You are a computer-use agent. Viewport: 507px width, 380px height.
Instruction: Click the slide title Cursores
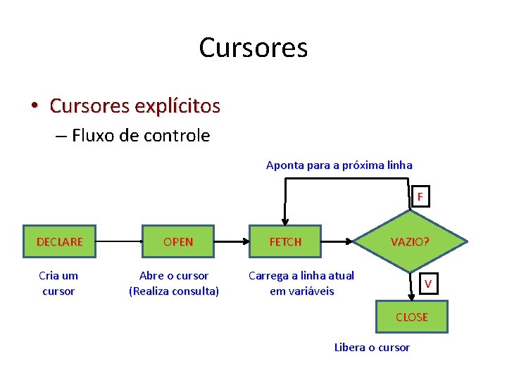tap(253, 48)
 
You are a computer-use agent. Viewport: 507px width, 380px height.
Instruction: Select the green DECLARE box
tap(59, 241)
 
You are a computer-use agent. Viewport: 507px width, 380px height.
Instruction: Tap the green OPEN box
tap(177, 241)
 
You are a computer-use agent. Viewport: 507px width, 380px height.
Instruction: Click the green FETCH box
tap(285, 241)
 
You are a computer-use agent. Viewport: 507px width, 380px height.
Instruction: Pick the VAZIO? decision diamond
tap(410, 241)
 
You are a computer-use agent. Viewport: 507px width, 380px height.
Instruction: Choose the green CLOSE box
tap(411, 317)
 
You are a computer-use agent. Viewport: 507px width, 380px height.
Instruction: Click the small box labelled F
tap(420, 197)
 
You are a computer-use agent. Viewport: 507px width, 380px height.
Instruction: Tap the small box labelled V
tap(427, 284)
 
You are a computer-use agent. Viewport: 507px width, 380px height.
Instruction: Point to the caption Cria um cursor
tap(58, 283)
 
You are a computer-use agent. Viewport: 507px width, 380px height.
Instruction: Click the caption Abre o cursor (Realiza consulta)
tap(174, 283)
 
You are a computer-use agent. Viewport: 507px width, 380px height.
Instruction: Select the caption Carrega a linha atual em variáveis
tap(301, 283)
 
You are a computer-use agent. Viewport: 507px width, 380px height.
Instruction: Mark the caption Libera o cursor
tap(372, 347)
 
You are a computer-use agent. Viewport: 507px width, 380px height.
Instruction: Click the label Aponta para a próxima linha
tap(339, 165)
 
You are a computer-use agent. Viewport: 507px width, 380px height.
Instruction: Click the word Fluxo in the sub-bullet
tap(92, 136)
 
